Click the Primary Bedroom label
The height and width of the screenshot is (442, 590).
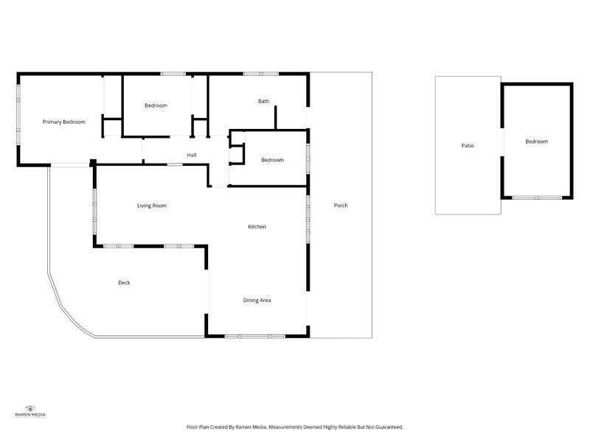[64, 122]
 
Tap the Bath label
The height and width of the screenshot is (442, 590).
[263, 101]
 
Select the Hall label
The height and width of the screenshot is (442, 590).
[192, 155]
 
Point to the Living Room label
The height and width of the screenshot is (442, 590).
[152, 206]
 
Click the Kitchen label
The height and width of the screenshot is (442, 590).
[257, 227]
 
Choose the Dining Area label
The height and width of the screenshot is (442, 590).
[257, 301]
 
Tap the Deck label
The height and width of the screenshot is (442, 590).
[124, 283]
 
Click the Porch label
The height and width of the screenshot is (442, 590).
[341, 206]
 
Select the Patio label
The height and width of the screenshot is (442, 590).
[468, 145]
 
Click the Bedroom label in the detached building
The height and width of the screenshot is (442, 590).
[537, 141]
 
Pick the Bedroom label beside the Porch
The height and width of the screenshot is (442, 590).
[272, 160]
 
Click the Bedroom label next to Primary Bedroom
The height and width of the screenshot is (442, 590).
[156, 105]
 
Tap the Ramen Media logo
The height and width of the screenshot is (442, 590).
[30, 411]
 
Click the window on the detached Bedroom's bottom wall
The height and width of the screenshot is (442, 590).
[537, 197]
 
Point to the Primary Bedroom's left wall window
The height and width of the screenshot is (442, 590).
[18, 115]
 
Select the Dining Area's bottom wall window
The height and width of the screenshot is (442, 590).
[255, 336]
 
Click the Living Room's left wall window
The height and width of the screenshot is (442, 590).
[95, 212]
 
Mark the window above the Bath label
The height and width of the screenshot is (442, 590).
[261, 74]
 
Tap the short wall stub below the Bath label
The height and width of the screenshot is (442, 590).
[275, 118]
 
